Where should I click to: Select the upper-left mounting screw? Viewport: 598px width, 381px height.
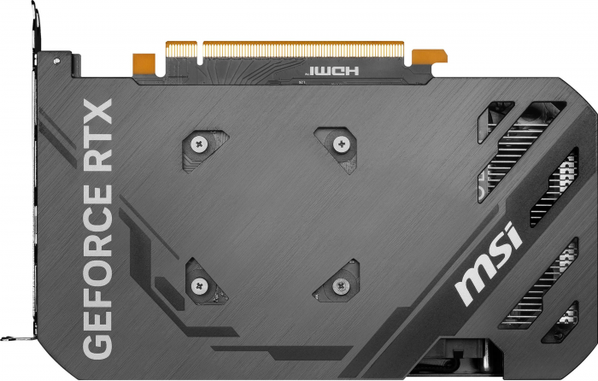(198, 145)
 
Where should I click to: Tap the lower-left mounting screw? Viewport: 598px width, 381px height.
(199, 285)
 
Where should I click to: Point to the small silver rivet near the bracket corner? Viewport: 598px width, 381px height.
(56, 63)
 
